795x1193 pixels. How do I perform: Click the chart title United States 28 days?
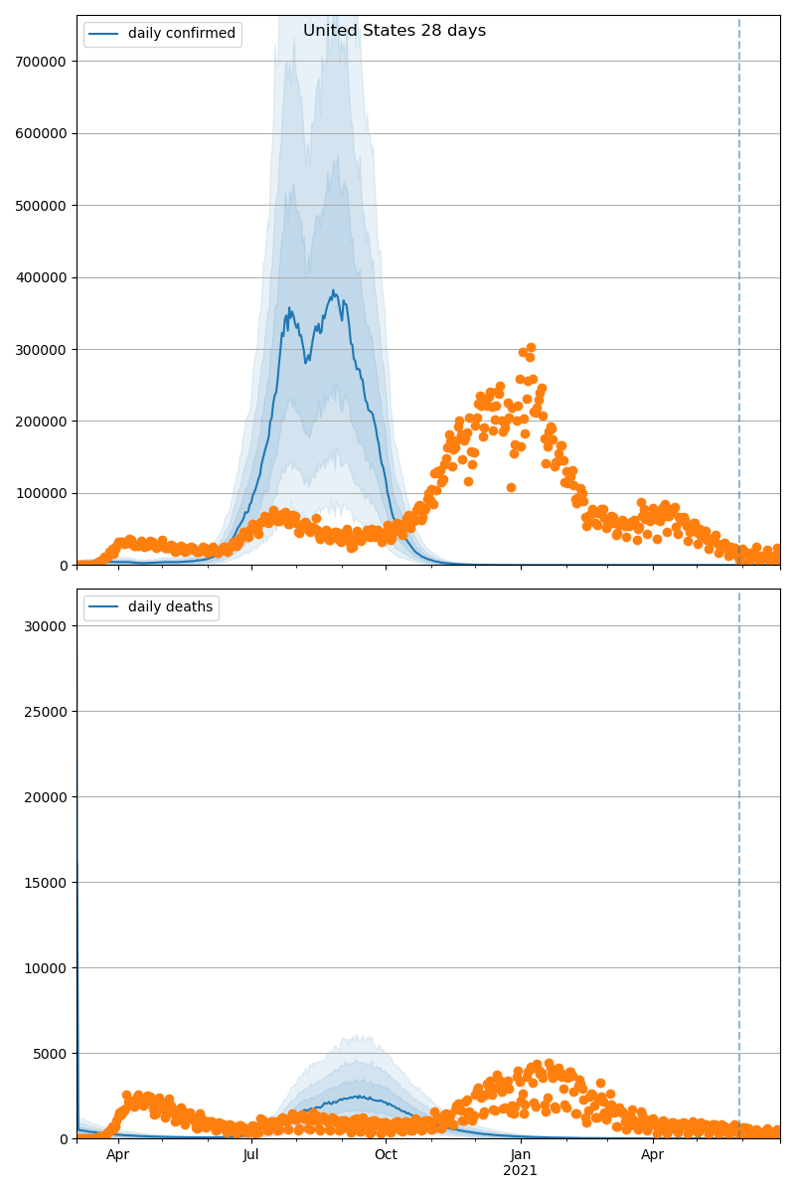point(395,31)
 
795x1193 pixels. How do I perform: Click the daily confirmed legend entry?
point(182,34)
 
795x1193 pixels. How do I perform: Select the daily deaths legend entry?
point(170,607)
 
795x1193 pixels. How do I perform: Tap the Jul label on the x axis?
point(251,1155)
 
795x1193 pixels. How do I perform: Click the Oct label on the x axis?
point(386,1155)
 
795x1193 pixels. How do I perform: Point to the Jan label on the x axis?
point(520,1155)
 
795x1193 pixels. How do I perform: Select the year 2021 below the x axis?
point(520,1171)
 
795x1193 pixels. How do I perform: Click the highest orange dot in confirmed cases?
point(531,348)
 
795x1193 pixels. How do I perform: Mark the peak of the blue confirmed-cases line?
point(334,291)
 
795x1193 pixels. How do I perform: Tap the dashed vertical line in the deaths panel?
point(739,845)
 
